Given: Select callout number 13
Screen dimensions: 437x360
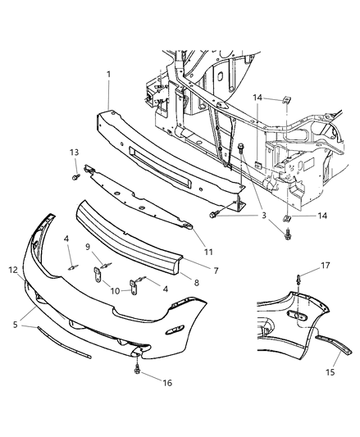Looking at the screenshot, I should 74,152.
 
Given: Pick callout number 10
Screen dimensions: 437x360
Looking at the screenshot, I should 114,290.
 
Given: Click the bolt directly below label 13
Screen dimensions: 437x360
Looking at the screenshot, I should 75,175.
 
